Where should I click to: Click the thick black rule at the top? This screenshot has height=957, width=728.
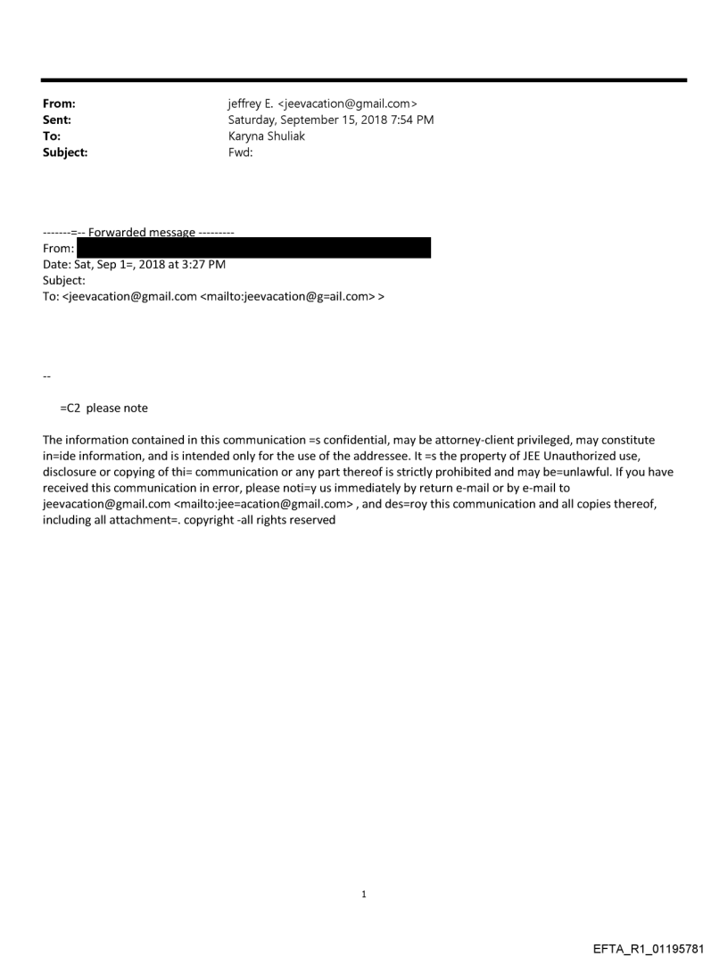pos(364,80)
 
